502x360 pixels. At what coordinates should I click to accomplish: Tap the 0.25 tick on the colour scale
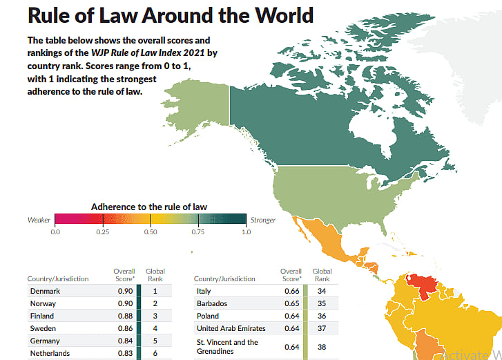point(103,231)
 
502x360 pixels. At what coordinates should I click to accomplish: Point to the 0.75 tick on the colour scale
point(198,231)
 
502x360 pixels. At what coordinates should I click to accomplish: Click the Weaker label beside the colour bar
point(39,220)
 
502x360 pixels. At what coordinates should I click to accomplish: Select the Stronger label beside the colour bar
point(263,220)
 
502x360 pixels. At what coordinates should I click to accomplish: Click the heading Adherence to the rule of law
point(149,206)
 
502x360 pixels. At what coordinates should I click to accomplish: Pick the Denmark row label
point(45,291)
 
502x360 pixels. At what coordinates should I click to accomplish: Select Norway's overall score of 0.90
point(124,303)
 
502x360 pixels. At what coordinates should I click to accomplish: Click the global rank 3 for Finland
point(155,316)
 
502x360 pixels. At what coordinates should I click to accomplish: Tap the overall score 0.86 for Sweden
point(124,328)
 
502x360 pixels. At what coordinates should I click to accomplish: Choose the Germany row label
point(45,341)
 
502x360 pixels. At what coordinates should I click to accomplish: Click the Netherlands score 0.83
point(124,353)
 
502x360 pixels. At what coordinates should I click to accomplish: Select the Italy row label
point(204,291)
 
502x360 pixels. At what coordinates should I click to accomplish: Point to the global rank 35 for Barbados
point(322,303)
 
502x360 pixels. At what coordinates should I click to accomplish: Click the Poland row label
point(208,316)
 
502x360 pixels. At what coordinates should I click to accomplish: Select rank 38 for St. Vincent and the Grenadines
point(322,346)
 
